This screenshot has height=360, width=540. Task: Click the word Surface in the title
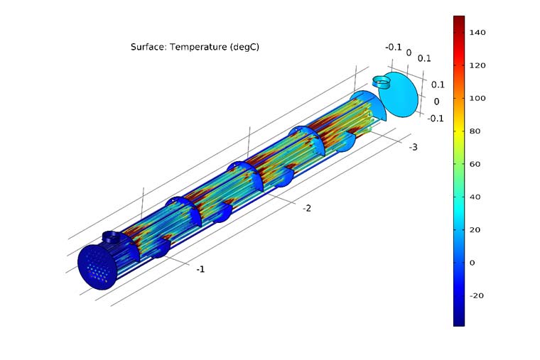[x=146, y=47]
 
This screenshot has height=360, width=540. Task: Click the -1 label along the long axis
[x=200, y=269]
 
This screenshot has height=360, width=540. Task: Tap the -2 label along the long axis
[x=308, y=208]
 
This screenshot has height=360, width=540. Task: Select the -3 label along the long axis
[x=412, y=147]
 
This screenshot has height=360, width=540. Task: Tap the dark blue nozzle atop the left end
[x=112, y=236]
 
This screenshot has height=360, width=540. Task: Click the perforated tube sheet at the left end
[x=98, y=266]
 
